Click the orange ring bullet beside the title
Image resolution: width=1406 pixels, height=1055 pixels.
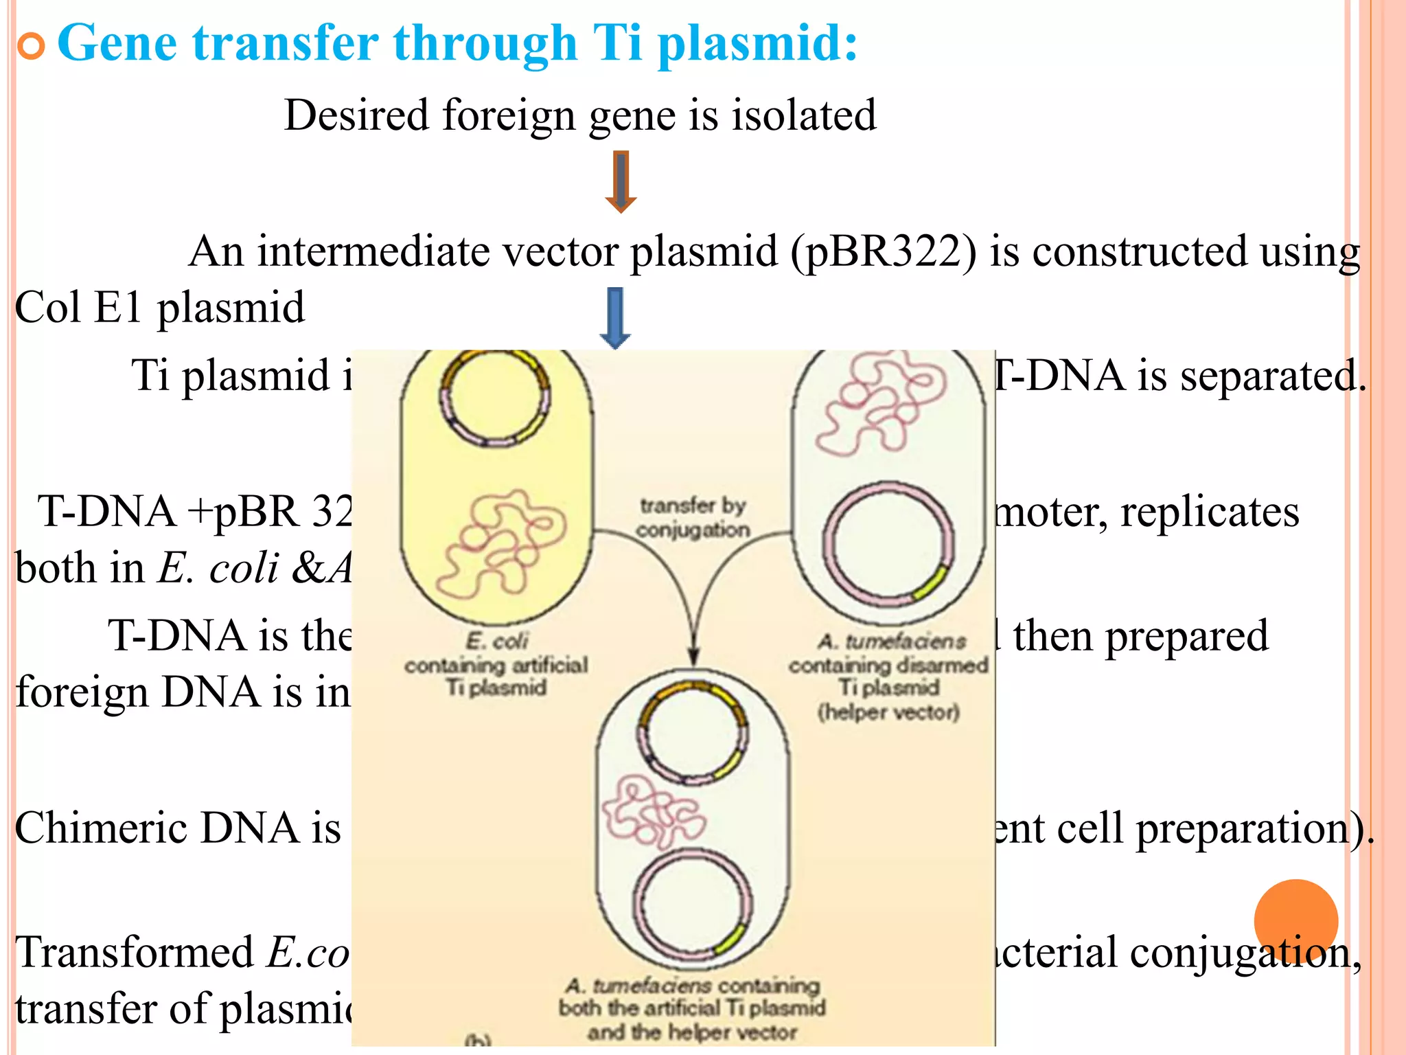[x=31, y=46]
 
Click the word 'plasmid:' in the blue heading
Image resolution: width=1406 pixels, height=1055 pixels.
[x=757, y=44]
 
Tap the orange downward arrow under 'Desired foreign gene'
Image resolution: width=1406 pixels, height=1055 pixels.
[x=621, y=182]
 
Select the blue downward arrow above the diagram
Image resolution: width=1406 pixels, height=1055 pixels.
[x=615, y=318]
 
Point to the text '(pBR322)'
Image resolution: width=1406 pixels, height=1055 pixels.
[x=882, y=252]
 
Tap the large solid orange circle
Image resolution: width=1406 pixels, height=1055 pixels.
[x=1295, y=921]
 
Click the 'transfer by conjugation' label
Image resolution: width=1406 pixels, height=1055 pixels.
[x=692, y=518]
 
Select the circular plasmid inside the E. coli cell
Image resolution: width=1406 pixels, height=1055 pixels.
[x=494, y=399]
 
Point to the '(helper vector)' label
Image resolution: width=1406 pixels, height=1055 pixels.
[x=888, y=712]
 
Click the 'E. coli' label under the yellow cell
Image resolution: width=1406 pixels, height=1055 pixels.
[x=496, y=642]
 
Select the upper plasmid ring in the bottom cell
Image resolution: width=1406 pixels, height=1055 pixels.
[x=693, y=731]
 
